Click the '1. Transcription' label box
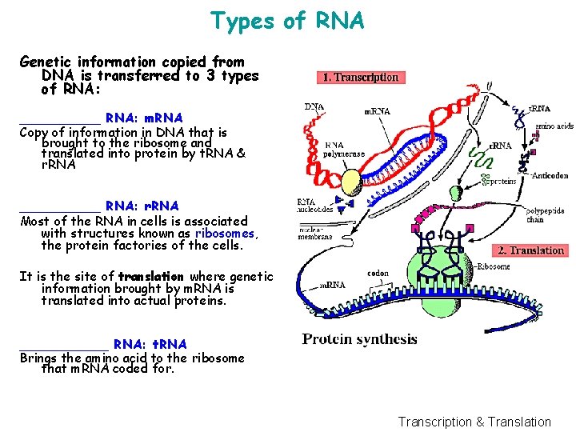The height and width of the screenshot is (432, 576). coord(359,78)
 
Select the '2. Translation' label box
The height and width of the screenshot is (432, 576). coord(531,250)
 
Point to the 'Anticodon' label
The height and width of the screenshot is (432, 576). coord(550,175)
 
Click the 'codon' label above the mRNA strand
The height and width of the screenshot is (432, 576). coord(378,274)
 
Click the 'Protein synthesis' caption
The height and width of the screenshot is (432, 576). coord(359,338)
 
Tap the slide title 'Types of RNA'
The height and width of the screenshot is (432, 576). coord(287,21)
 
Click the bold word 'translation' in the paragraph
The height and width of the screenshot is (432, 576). coord(151,277)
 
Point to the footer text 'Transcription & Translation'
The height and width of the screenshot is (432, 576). coord(474,422)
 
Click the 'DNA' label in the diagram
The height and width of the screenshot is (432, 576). coord(314,106)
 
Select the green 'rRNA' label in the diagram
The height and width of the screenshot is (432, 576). coord(501,146)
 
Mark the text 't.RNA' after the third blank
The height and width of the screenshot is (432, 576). coord(168,344)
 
